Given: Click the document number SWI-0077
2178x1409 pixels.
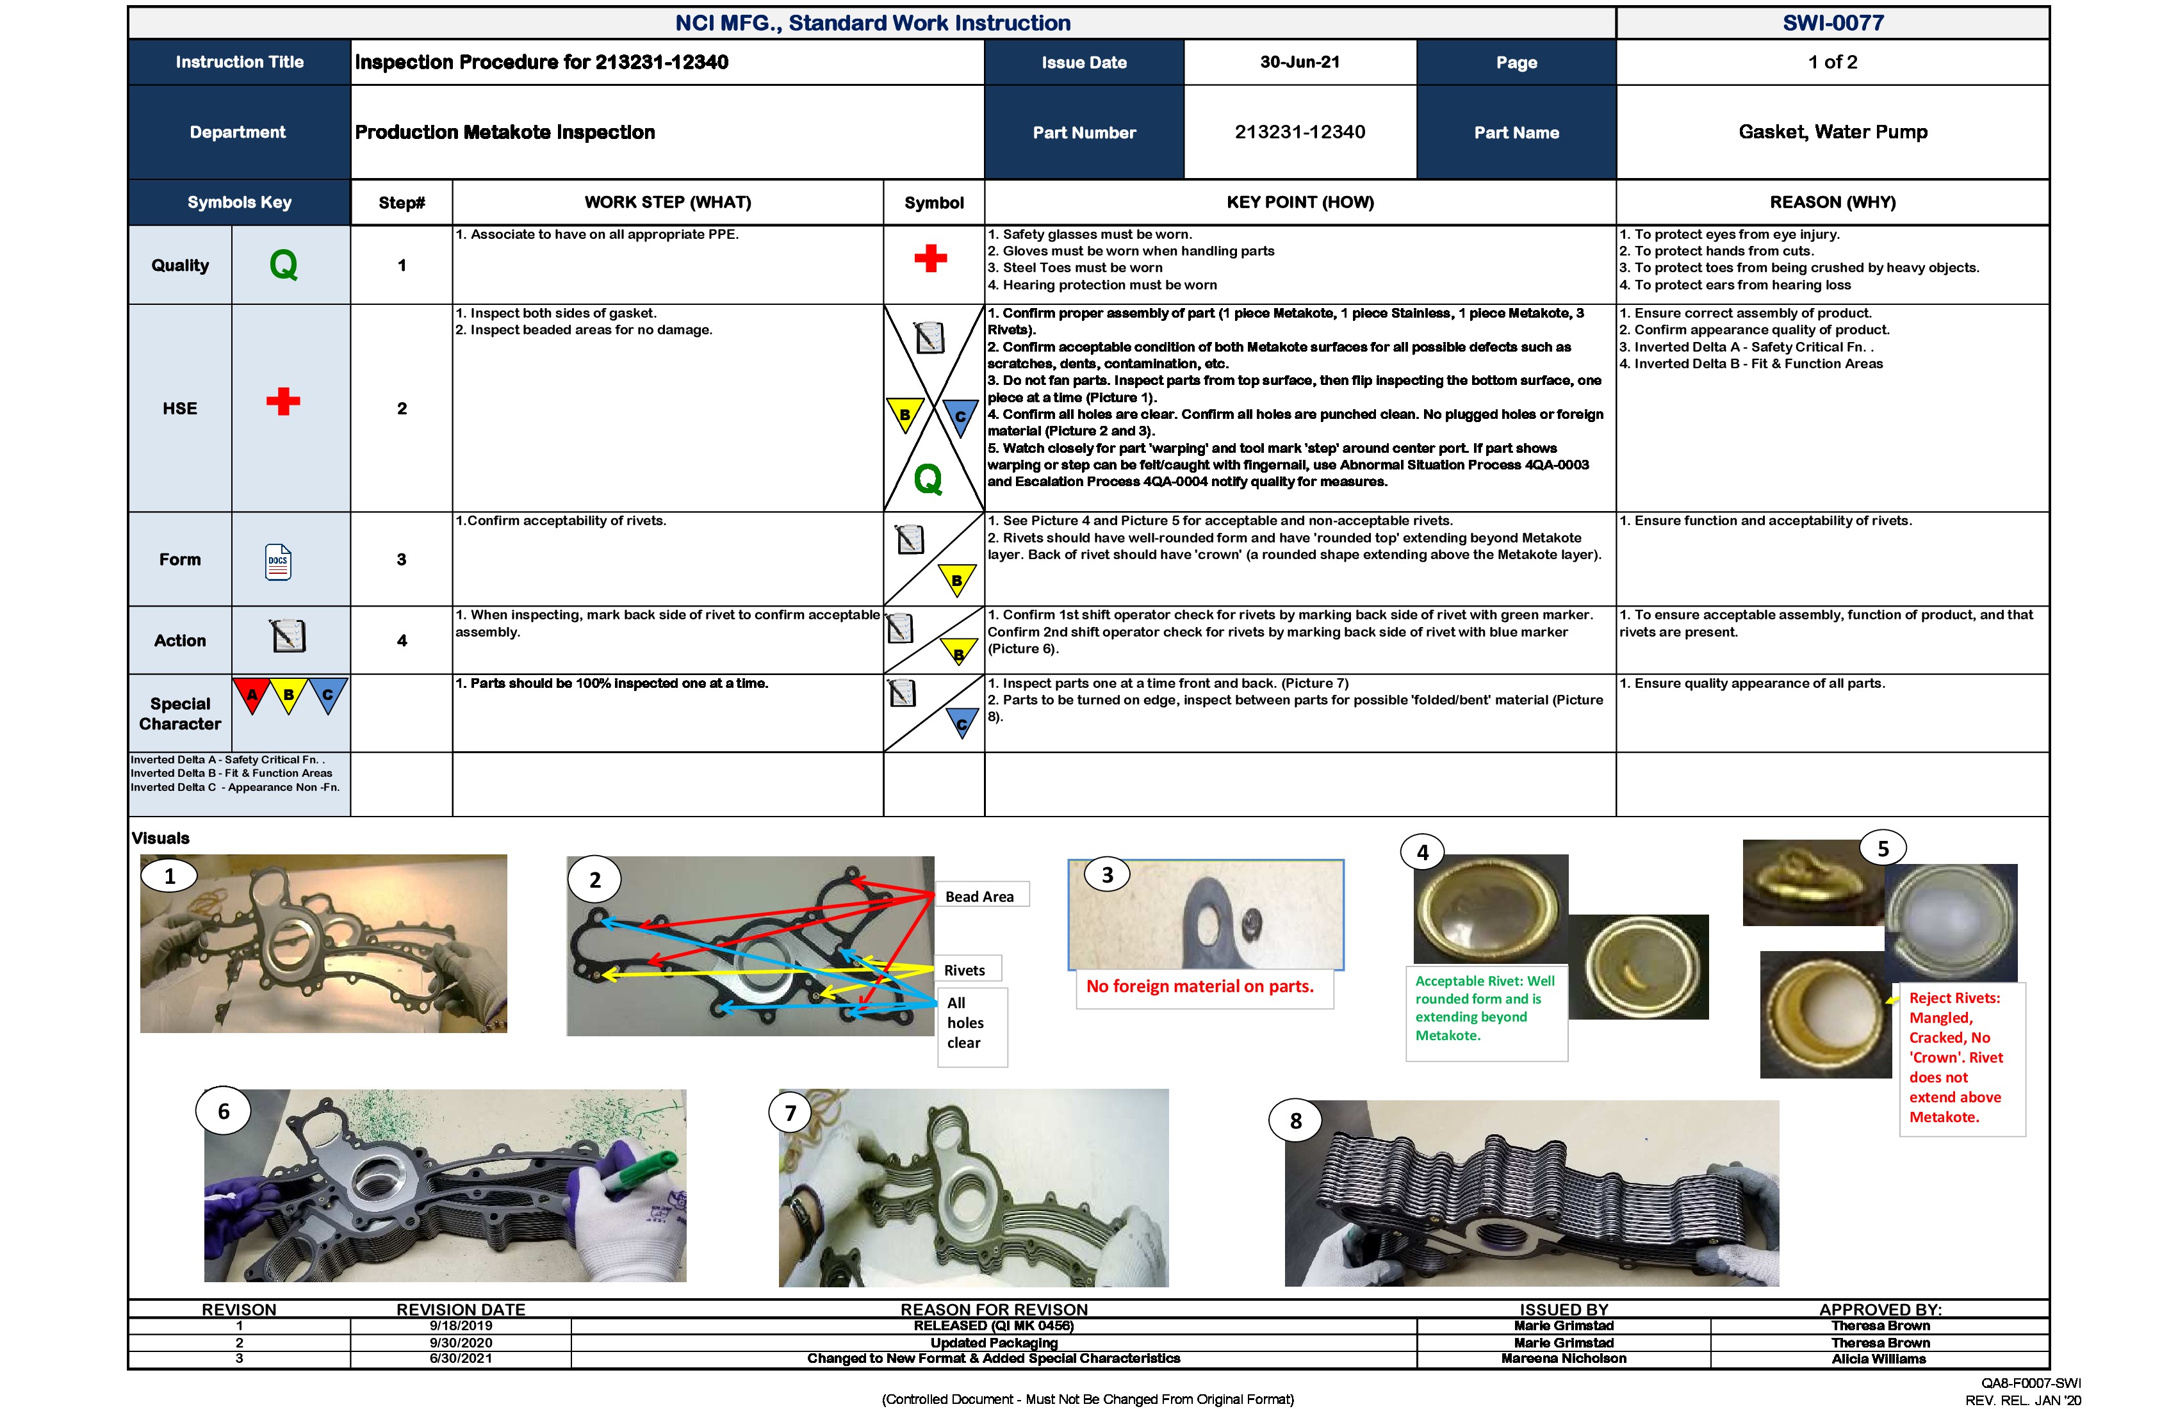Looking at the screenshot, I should point(1832,23).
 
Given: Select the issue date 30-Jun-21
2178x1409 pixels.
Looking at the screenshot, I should point(1300,62).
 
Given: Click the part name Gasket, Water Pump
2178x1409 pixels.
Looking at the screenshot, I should point(1832,132).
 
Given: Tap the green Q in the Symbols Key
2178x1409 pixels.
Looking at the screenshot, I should point(284,265).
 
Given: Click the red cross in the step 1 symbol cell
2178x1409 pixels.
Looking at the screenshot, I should point(931,258).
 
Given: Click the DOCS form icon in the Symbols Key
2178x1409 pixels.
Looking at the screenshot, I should point(278,562).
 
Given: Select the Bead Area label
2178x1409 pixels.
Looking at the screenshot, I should point(979,897).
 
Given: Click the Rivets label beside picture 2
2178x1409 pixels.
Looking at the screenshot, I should point(965,970).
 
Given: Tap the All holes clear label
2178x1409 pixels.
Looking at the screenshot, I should point(965,1023).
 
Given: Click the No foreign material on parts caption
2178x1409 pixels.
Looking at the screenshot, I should point(1200,986).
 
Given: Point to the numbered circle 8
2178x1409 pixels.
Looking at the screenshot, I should point(1295,1121).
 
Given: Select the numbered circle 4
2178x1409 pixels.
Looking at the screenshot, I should point(1422,852).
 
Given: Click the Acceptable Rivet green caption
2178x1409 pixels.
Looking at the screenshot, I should point(1484,1007).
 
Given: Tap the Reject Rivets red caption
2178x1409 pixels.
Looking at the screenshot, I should point(1956,1057).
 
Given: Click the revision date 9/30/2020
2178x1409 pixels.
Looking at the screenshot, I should point(461,1342).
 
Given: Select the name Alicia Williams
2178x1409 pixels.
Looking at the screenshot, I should point(1879,1358).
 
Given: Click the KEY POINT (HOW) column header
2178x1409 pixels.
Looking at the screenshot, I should point(1300,202).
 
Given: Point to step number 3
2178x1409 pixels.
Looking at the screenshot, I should point(402,559).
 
